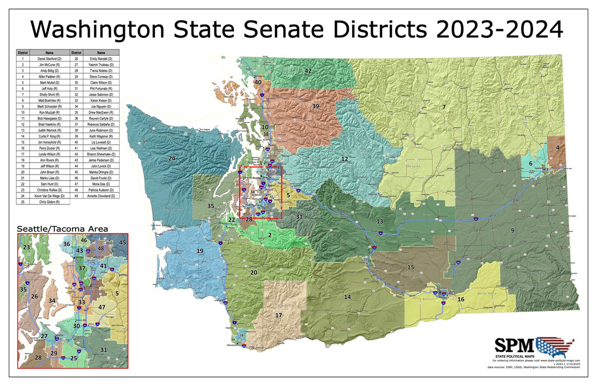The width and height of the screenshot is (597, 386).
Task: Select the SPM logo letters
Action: [514, 345]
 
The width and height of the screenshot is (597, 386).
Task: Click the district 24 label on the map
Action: [172, 159]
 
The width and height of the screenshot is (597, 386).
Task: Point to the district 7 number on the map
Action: [443, 107]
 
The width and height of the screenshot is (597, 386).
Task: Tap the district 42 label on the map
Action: [308, 71]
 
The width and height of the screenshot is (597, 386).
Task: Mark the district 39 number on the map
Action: [315, 106]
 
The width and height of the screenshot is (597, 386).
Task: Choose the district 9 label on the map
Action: [512, 230]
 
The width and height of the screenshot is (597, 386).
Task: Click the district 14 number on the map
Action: [347, 297]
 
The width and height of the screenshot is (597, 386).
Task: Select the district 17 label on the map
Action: [279, 315]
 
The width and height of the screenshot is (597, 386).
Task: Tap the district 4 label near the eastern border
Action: [558, 148]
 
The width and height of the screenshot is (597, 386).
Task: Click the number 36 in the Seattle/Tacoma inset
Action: [67, 244]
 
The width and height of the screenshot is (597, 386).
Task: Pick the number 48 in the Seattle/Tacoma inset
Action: [100, 248]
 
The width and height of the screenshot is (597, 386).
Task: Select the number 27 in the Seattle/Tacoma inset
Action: [44, 337]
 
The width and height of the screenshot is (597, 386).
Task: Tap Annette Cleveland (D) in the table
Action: [101, 196]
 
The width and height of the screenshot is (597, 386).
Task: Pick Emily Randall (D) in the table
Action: [101, 59]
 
